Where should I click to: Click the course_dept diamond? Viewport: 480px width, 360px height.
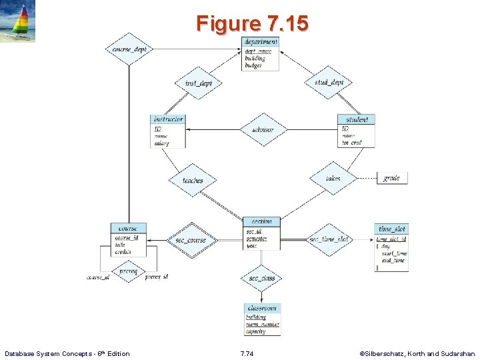(x=129, y=49)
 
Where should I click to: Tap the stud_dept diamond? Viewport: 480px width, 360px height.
(x=329, y=83)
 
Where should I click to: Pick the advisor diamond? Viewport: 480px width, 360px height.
(x=263, y=130)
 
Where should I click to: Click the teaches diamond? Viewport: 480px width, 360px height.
(x=193, y=180)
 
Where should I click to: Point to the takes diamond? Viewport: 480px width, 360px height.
(x=333, y=178)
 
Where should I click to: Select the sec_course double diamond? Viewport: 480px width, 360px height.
(x=191, y=239)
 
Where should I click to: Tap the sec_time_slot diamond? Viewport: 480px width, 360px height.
(x=329, y=239)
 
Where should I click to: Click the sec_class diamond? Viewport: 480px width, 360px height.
(x=262, y=277)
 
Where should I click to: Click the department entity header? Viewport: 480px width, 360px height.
(x=261, y=41)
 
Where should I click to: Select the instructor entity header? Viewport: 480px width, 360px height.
(x=168, y=119)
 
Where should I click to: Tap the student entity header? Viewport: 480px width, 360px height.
(x=356, y=119)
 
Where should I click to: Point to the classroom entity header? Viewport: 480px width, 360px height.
(x=262, y=308)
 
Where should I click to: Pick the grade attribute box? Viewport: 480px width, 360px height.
(x=391, y=178)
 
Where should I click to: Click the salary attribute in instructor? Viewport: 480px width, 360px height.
(x=162, y=143)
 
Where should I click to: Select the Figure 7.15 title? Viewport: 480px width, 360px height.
(x=252, y=24)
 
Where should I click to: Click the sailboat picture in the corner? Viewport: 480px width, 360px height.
(x=18, y=21)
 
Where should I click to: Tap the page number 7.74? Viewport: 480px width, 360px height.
(x=247, y=353)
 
